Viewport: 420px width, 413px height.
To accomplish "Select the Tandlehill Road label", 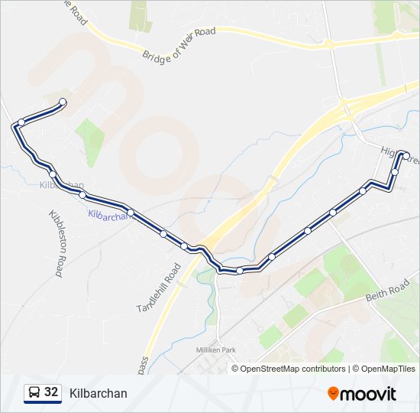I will point(160,287).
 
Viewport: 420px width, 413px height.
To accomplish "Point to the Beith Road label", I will point(387,291).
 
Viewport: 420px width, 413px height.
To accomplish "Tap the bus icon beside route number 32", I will point(34,393).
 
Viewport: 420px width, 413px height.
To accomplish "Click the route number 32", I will point(51,392).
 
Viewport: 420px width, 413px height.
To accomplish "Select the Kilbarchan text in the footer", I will point(98,393).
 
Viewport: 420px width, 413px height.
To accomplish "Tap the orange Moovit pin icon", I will point(333,393).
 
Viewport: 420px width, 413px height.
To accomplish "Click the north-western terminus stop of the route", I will point(63,102).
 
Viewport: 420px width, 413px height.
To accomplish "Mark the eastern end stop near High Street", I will point(406,156).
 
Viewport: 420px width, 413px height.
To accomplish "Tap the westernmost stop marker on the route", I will point(21,122).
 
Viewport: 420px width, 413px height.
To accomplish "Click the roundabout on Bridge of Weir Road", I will point(329,44).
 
